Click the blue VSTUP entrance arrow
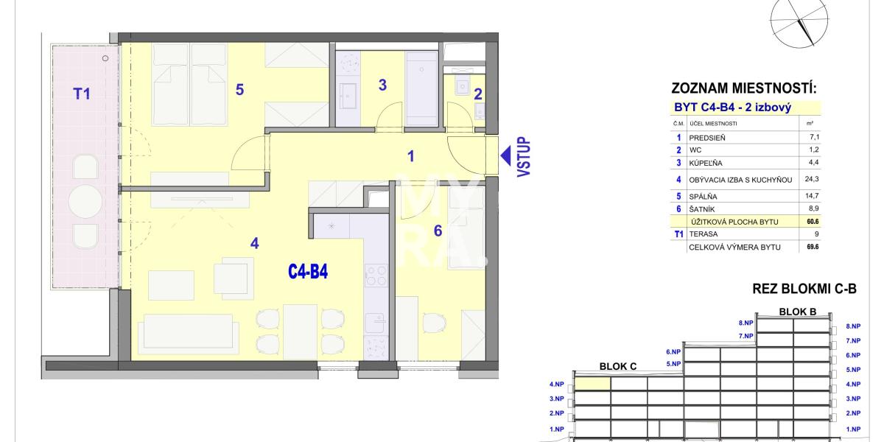[x=507, y=155]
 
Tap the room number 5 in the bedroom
[x=239, y=90]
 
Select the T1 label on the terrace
[x=81, y=94]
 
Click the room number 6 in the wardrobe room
[x=438, y=231]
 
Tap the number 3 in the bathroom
[x=382, y=85]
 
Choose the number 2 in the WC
[x=477, y=94]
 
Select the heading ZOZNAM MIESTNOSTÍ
[x=744, y=90]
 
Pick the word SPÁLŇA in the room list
[x=703, y=197]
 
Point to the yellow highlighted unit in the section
[x=592, y=383]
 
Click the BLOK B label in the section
[x=798, y=311]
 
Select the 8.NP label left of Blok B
[x=746, y=323]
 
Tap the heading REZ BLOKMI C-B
[x=804, y=290]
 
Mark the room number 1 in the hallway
[x=411, y=156]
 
